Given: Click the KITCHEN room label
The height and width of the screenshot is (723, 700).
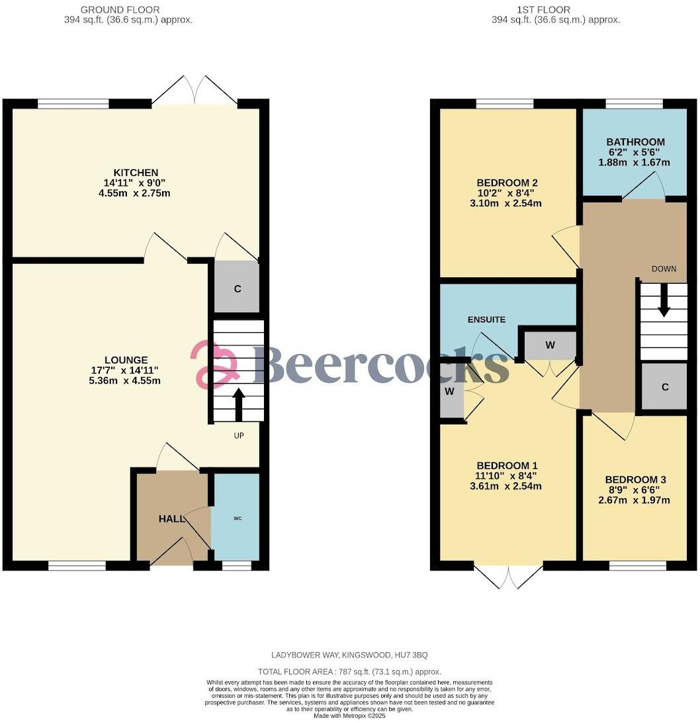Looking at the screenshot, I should coord(136,173).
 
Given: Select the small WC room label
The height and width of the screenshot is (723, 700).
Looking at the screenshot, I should coord(236,518).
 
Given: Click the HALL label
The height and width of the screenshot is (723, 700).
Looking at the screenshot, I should coord(171,519).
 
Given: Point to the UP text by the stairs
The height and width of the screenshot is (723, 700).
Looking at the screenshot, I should coord(239,436).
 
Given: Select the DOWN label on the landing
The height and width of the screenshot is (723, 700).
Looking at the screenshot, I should coord(664,269).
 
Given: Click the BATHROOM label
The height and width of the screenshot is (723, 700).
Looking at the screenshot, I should coord(635,142).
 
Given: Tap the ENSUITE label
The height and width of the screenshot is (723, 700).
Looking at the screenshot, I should coord(486,319).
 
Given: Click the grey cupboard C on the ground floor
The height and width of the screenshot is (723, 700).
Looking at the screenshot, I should coord(236,288).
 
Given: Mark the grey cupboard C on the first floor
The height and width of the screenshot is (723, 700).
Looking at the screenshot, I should coord(665,387).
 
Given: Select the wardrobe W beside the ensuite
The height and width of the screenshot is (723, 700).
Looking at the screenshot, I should coord(550,345).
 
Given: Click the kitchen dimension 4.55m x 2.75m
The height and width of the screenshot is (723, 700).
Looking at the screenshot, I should coord(136,193).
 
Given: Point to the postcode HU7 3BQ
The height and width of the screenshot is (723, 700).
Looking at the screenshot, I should coord(410,655).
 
